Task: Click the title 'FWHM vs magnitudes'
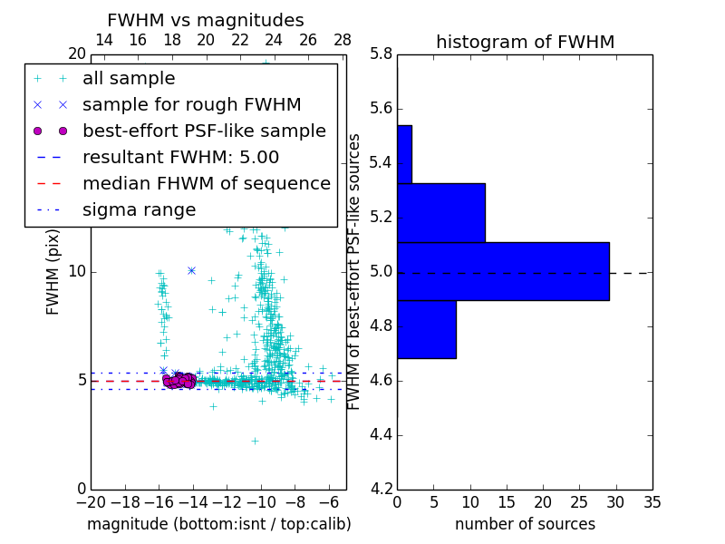pyautogui.click(x=205, y=20)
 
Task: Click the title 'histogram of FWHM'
pyautogui.click(x=525, y=42)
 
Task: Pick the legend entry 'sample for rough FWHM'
pyautogui.click(x=191, y=105)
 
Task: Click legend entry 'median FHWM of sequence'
pyautogui.click(x=206, y=183)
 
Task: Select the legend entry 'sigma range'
pyautogui.click(x=139, y=210)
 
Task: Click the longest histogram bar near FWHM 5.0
pyautogui.click(x=503, y=271)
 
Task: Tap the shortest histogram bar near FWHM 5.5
pyautogui.click(x=404, y=154)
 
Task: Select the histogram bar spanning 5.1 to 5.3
pyautogui.click(x=441, y=213)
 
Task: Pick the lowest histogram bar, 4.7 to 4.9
pyautogui.click(x=427, y=329)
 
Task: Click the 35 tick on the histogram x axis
pyautogui.click(x=652, y=501)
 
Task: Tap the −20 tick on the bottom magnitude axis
pyautogui.click(x=91, y=501)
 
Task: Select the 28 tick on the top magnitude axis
pyautogui.click(x=343, y=41)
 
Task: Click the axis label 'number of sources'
pyautogui.click(x=525, y=524)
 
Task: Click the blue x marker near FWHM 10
pyautogui.click(x=191, y=270)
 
